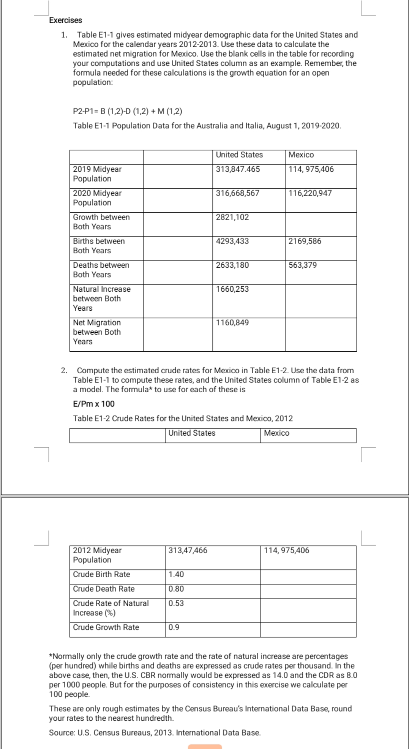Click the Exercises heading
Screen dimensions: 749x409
click(65, 20)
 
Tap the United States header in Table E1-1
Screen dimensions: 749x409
click(239, 155)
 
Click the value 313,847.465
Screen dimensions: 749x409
click(238, 169)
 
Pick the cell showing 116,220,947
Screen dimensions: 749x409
click(310, 193)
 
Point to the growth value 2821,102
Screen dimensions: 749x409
click(232, 217)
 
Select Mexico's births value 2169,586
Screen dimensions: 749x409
click(305, 242)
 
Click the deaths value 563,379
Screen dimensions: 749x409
click(303, 266)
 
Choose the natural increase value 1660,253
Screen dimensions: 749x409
click(232, 290)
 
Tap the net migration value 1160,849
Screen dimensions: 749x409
click(232, 323)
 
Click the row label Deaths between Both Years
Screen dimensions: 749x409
click(101, 270)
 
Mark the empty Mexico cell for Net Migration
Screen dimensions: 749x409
click(321, 334)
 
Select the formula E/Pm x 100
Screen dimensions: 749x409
click(94, 404)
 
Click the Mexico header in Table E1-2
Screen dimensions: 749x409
click(276, 433)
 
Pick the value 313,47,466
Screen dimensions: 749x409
click(188, 551)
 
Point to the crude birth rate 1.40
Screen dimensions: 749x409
click(176, 575)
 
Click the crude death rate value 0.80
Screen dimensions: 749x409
click(176, 589)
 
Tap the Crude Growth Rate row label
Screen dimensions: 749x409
click(106, 627)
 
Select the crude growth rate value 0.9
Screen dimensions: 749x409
click(174, 627)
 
